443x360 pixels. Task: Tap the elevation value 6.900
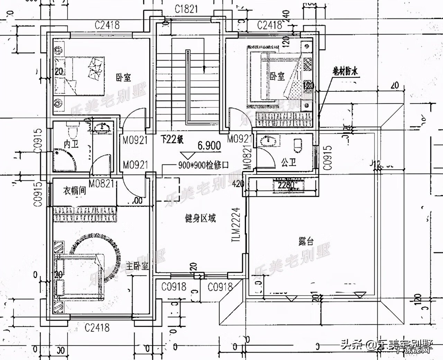[x=209, y=146]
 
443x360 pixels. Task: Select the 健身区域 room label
[x=201, y=218]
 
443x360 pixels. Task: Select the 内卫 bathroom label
[x=71, y=144]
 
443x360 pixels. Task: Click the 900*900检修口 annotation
[x=204, y=165]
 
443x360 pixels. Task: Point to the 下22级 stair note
[x=172, y=140]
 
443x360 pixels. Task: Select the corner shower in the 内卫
[x=63, y=159]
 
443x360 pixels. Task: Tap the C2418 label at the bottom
[x=97, y=327]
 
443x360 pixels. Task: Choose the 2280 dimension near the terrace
[x=286, y=186]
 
